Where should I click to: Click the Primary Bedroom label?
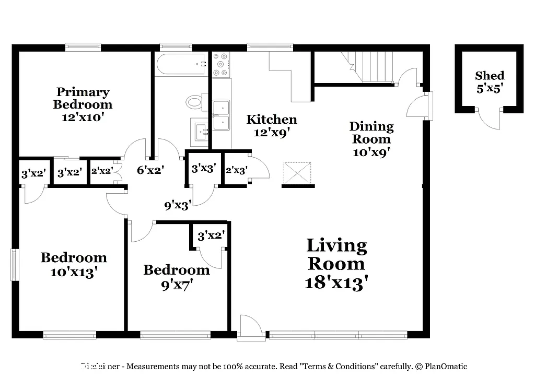click(83, 104)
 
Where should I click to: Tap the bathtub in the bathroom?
click(181, 64)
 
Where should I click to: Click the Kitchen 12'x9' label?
click(272, 126)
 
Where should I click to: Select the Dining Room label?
click(371, 139)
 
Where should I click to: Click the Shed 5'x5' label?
click(490, 82)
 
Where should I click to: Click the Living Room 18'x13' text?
click(336, 263)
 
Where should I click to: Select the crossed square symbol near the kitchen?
click(297, 173)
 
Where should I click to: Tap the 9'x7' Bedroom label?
click(177, 277)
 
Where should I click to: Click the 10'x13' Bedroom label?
click(74, 264)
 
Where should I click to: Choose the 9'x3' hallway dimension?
click(178, 205)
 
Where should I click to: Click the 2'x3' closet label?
click(236, 170)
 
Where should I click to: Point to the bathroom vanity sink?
click(201, 132)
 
